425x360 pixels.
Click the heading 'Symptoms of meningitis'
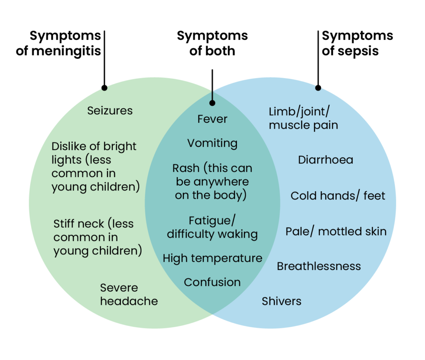(x=58, y=44)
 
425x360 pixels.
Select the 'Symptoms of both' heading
(x=212, y=44)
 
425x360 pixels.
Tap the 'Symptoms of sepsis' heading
(x=357, y=44)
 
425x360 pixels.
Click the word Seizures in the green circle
(x=110, y=111)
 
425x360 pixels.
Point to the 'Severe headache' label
(x=129, y=294)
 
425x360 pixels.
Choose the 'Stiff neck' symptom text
(x=98, y=237)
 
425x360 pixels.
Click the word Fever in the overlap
(x=212, y=119)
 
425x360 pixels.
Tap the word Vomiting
(x=212, y=144)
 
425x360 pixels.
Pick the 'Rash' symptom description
(x=212, y=182)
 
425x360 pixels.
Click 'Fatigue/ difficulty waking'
(x=212, y=227)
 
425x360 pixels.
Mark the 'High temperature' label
(x=212, y=258)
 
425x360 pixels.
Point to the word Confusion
(x=212, y=282)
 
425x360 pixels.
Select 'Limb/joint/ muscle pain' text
(x=303, y=118)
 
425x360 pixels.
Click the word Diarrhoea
(x=326, y=160)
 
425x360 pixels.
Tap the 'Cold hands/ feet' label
(x=338, y=196)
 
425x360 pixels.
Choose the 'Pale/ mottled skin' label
(x=336, y=231)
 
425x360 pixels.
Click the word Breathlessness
(x=319, y=266)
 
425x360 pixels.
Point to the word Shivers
(x=281, y=301)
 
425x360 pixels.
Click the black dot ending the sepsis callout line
(x=318, y=88)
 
